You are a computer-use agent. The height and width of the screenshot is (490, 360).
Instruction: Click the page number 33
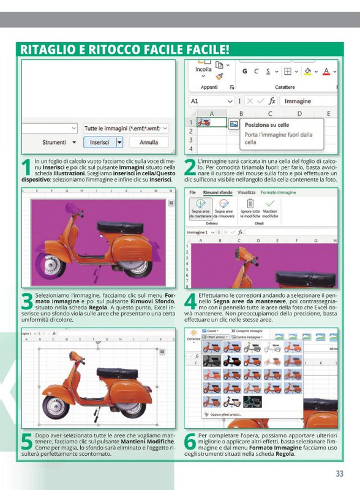pyautogui.click(x=339, y=473)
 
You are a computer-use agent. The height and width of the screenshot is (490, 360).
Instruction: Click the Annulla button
pyautogui.click(x=148, y=142)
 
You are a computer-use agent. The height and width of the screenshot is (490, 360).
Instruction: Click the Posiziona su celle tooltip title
pyautogui.click(x=266, y=125)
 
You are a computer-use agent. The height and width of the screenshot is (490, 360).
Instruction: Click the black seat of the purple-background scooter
pyautogui.click(x=119, y=227)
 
